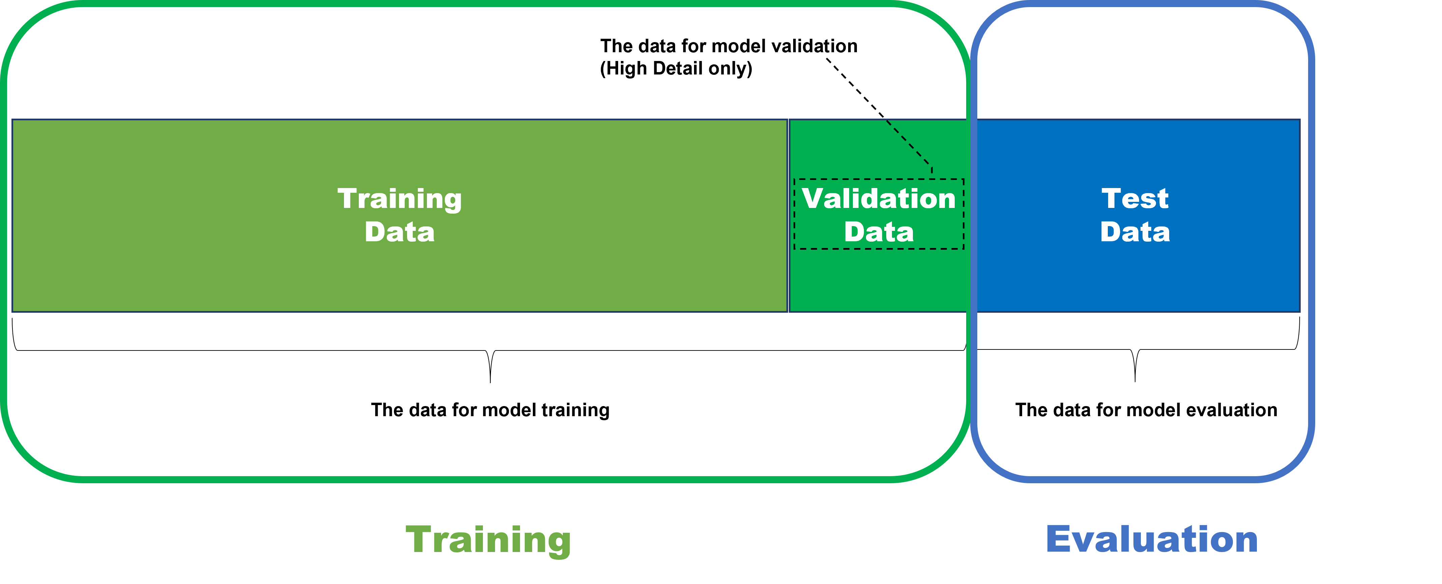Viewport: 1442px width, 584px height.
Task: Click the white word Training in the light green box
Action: tap(399, 199)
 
